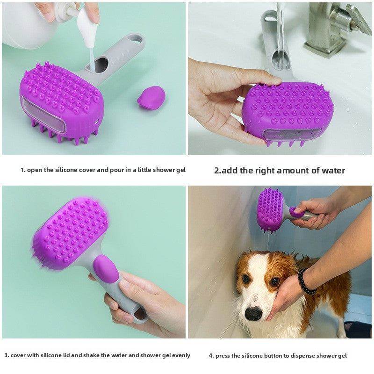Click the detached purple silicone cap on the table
click(x=151, y=97)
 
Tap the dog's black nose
click(x=253, y=313)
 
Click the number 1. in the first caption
click(x=23, y=170)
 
